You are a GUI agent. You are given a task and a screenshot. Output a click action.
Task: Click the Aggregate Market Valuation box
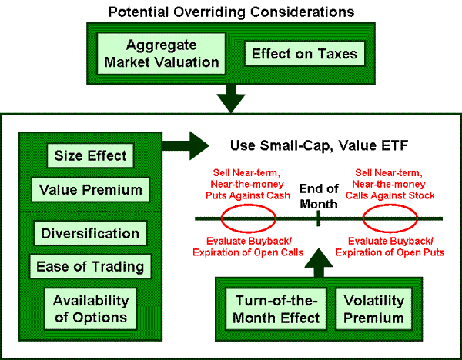(x=161, y=54)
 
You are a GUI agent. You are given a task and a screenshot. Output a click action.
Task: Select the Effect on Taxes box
(x=305, y=54)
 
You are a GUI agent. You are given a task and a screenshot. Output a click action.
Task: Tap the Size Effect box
(x=90, y=155)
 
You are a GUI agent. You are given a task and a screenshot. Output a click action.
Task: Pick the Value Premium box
(x=90, y=189)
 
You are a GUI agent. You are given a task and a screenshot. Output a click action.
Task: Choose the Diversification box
(x=90, y=233)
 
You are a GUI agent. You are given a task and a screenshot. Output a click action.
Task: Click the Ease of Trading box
(x=90, y=266)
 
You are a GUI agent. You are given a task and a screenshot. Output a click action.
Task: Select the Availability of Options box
(x=90, y=308)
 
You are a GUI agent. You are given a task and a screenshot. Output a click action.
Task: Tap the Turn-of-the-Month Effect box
(x=276, y=309)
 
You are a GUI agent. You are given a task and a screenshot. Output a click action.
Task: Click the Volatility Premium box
(x=374, y=309)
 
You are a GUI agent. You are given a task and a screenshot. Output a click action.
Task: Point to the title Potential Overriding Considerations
(x=231, y=12)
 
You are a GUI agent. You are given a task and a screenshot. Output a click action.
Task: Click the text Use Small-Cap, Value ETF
(x=319, y=145)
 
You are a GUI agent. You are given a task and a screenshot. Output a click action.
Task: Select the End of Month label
(x=319, y=196)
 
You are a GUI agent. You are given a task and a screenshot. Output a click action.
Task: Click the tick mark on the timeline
(x=319, y=218)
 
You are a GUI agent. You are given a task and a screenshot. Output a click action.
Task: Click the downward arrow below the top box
(x=231, y=98)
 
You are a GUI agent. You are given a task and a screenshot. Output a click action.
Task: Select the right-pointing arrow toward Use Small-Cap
(x=186, y=145)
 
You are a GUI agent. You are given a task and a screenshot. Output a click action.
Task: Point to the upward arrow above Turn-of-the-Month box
(x=319, y=263)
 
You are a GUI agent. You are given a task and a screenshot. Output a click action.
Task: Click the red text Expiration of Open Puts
(x=390, y=252)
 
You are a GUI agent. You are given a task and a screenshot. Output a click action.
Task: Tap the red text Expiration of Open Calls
(x=248, y=252)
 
